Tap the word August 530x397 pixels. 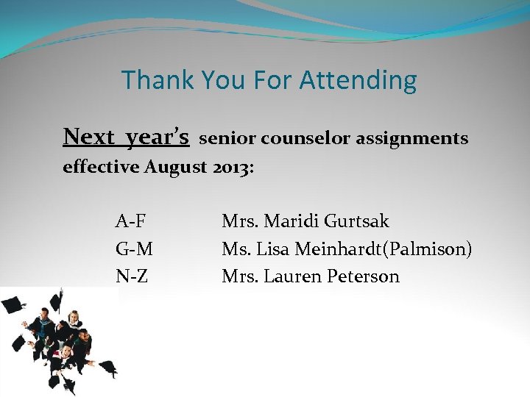175,168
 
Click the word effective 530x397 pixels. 102,167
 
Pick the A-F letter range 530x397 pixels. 132,221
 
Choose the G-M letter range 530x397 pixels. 134,249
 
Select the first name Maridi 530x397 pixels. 289,221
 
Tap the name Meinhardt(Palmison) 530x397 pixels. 384,249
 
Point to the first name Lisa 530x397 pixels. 273,249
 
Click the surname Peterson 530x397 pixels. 360,277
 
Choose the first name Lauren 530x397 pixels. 289,277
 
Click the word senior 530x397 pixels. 227,138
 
